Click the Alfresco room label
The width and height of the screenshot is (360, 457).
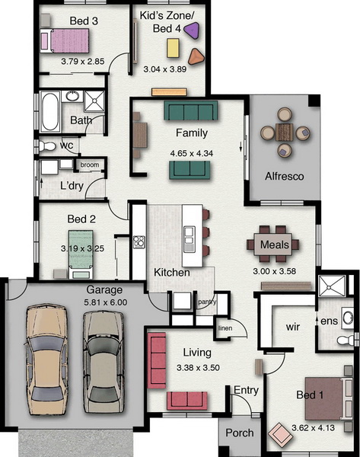(x=285, y=177)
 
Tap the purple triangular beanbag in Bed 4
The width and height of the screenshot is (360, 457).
(x=193, y=30)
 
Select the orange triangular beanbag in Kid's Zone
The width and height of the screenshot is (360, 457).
(x=196, y=56)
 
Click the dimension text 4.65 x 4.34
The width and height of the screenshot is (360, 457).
(x=191, y=153)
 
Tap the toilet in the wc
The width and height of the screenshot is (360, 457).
(x=46, y=146)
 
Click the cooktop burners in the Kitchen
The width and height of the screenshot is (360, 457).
(x=139, y=242)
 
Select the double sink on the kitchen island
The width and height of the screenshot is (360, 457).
(x=190, y=239)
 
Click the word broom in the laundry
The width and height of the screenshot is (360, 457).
(x=90, y=165)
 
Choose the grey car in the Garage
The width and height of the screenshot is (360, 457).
(x=104, y=361)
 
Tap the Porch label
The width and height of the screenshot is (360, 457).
(x=240, y=433)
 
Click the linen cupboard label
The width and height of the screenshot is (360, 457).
(x=225, y=328)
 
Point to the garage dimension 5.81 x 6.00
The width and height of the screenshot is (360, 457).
(x=106, y=302)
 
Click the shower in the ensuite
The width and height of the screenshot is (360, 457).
(x=332, y=286)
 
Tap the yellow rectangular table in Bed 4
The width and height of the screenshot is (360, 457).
(x=173, y=48)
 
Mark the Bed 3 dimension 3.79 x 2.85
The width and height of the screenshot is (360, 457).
(x=83, y=62)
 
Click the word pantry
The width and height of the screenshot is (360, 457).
(x=207, y=302)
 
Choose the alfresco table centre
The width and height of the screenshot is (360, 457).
(x=285, y=132)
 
